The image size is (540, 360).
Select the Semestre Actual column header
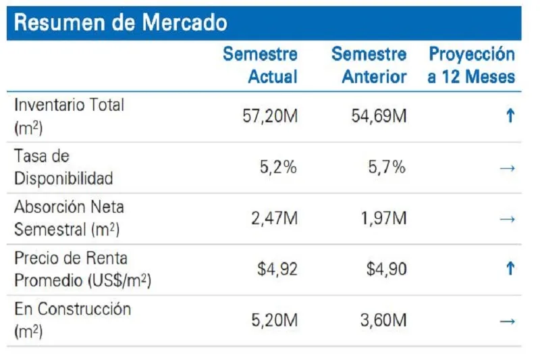click(260, 65)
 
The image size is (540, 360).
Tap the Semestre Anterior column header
click(369, 65)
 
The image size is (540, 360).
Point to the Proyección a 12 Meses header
click(471, 65)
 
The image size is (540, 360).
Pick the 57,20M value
click(269, 116)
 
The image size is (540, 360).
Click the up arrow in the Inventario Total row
click(510, 116)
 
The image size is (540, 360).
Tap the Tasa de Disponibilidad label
click(63, 168)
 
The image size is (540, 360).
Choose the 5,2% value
click(277, 168)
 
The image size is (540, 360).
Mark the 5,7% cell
click(387, 168)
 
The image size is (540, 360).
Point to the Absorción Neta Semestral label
click(69, 218)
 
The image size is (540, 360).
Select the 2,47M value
click(273, 218)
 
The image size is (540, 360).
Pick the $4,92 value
click(277, 269)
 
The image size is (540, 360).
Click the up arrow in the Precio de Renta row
click(510, 269)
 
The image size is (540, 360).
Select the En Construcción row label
click(72, 320)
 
